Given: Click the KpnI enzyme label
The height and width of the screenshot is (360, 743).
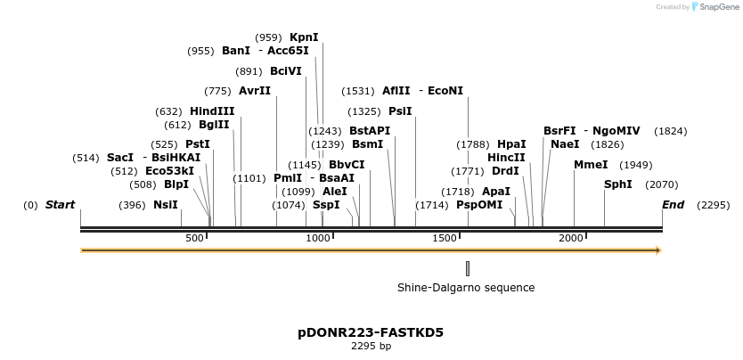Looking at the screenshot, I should (x=304, y=37).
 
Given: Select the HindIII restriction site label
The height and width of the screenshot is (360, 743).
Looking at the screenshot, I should (x=212, y=111).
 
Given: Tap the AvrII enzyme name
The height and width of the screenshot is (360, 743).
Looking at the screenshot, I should (x=255, y=91).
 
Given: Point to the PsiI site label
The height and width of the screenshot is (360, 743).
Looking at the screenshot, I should (x=400, y=111).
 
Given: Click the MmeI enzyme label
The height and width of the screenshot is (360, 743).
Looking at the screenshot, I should (x=591, y=165).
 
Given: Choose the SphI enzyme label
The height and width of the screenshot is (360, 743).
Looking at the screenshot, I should (x=618, y=184).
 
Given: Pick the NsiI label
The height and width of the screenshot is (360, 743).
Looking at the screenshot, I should (x=166, y=205).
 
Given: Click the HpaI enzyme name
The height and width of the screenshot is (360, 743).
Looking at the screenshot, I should (x=511, y=144).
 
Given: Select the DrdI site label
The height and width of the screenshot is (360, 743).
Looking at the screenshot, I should (x=505, y=171).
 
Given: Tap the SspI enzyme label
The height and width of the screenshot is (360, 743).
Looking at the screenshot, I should (x=326, y=205).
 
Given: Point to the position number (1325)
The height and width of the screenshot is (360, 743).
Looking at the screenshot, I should (x=363, y=111).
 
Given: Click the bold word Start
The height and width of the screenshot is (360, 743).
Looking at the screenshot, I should (x=60, y=205).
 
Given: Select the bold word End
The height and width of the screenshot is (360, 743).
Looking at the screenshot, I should (x=674, y=205).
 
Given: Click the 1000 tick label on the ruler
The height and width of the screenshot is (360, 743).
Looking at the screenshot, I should (x=318, y=238).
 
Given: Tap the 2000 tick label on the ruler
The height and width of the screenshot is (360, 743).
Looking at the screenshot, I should (x=571, y=238).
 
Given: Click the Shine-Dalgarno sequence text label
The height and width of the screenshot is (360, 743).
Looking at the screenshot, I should (x=466, y=288).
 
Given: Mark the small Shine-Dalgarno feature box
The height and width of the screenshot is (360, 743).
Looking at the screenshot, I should (x=468, y=268).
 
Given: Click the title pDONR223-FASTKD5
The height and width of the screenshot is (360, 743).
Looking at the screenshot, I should (x=371, y=332).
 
